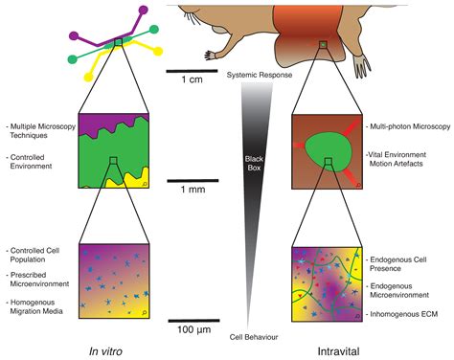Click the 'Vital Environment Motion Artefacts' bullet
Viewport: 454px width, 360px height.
pos(405,160)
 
